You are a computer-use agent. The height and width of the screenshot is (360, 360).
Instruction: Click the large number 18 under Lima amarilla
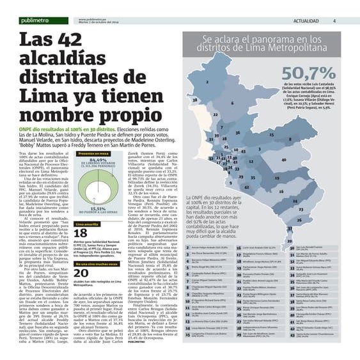tap(81, 234)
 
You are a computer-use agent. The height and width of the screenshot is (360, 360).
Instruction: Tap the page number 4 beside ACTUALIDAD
tap(334, 21)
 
